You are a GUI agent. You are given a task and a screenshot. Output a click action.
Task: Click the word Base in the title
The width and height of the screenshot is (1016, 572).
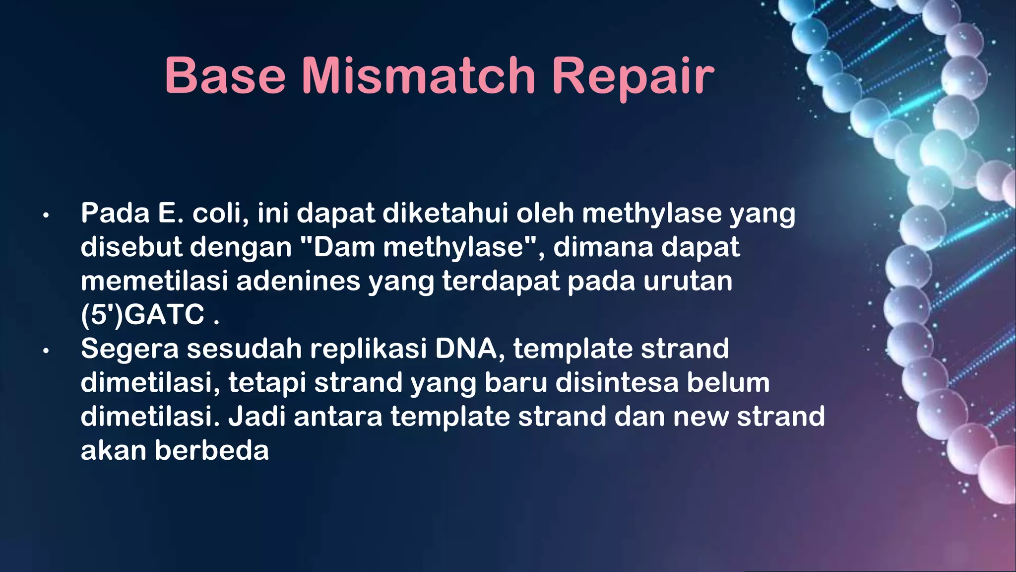[x=225, y=76]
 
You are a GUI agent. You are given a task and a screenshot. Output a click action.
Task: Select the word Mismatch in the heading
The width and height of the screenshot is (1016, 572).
[x=418, y=76]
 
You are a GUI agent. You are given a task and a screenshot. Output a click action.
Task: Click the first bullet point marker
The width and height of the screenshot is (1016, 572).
[x=46, y=215]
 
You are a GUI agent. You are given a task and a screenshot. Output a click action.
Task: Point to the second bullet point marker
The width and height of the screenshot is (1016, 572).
[x=46, y=351]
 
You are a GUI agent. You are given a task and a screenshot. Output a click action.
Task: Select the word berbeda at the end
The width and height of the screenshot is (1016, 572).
[x=211, y=450]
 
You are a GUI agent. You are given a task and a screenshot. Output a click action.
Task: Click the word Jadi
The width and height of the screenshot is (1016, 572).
[x=256, y=417]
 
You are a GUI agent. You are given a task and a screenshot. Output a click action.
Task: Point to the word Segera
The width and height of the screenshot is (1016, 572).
[x=129, y=350]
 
